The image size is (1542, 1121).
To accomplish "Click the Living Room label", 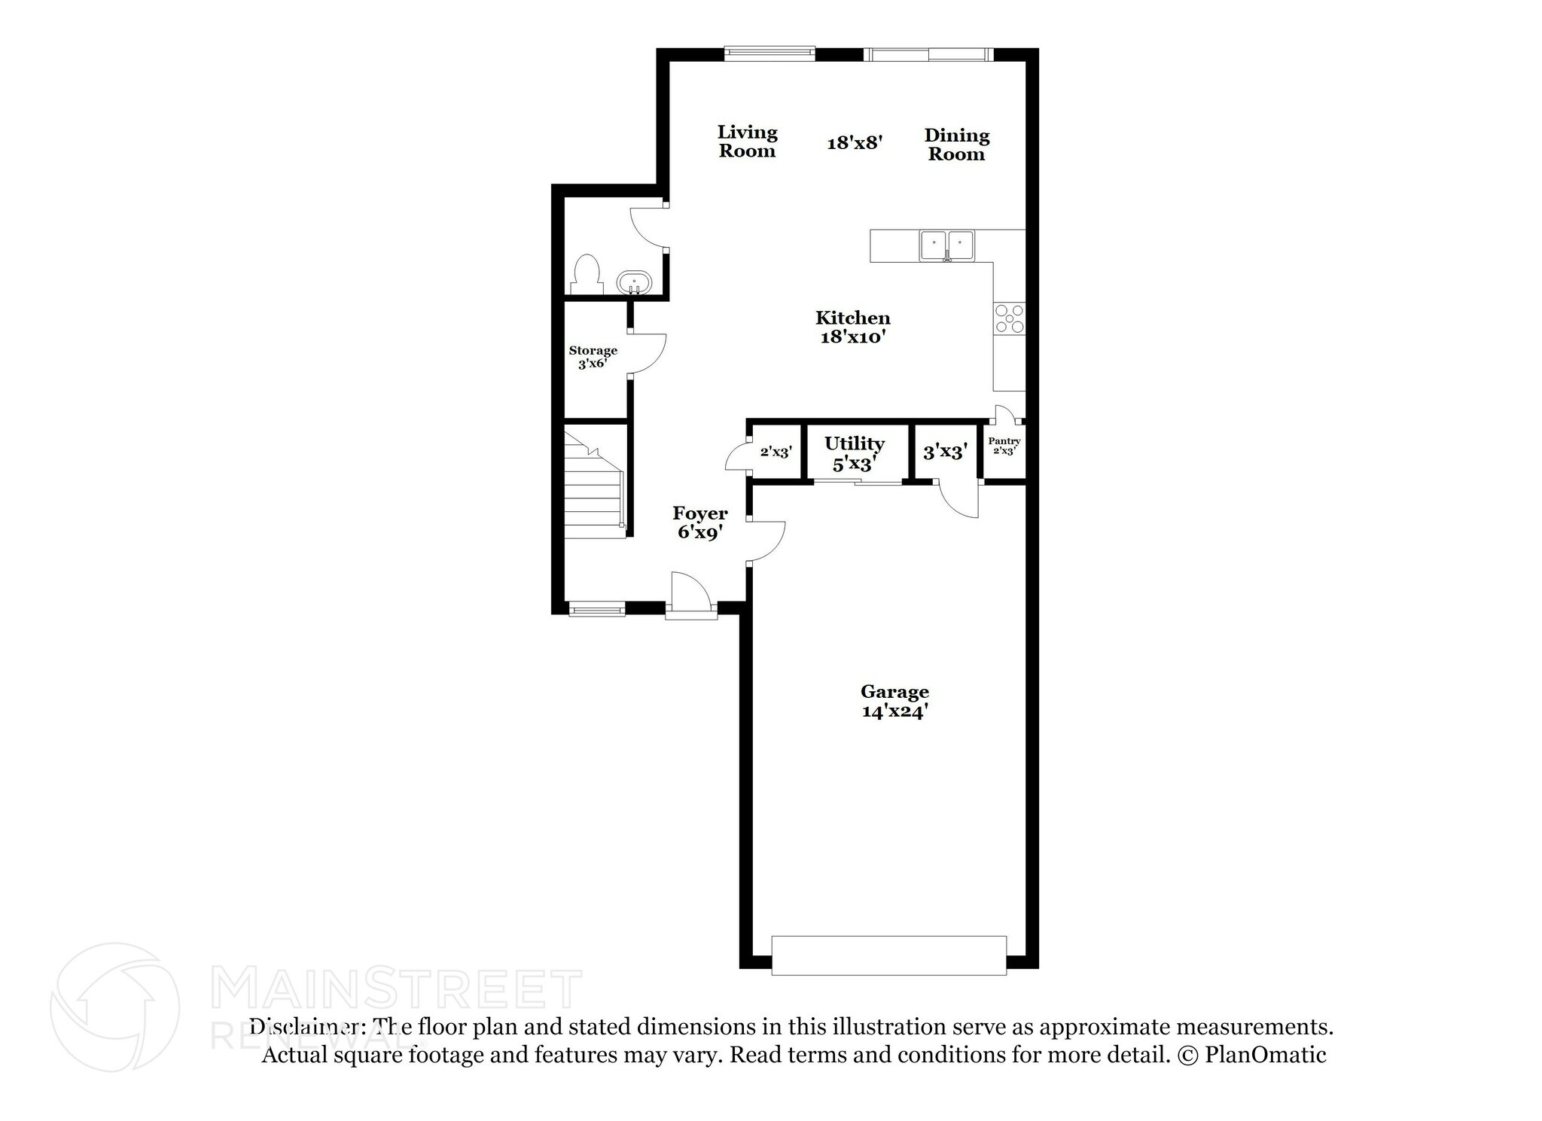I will point(746,142).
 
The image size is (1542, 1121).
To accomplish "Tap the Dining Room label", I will point(956,145).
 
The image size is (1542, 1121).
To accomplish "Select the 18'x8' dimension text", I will point(854,142).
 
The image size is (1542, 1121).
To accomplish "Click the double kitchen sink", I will point(946,245).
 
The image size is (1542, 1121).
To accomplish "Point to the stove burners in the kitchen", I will point(1009,318).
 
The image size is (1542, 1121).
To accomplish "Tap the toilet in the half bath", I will point(587,274).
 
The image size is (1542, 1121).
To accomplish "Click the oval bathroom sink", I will point(634,284).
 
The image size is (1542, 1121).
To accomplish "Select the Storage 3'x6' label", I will point(593,357).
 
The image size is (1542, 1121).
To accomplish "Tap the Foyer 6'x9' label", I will point(699,522).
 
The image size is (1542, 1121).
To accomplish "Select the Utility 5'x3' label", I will point(854,453).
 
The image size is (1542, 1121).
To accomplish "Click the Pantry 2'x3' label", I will point(1004,446).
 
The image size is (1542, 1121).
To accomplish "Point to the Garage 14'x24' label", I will point(894,701).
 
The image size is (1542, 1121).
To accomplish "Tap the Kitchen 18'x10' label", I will point(852,327).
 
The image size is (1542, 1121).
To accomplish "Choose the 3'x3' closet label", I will point(944,452).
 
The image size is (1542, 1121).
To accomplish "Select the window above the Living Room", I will point(769,53).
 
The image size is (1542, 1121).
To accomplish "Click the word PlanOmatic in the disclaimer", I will point(1265,1055).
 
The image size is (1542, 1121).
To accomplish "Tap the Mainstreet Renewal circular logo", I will point(114,1007).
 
